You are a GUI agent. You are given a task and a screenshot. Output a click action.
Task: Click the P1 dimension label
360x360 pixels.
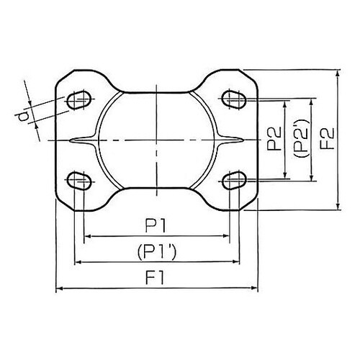[x=158, y=226]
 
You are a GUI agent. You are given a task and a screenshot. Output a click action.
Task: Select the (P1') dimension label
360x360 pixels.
[x=158, y=251]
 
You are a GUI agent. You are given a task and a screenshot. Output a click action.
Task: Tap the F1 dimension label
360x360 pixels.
[x=158, y=278]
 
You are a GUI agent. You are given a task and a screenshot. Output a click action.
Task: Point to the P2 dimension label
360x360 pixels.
[x=273, y=138]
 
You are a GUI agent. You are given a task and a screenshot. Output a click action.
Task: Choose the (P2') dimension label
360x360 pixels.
[x=300, y=138]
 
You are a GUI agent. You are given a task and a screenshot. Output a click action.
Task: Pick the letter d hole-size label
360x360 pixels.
[x=24, y=115]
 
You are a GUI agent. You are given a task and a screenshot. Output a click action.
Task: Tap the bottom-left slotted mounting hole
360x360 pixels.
[x=78, y=179]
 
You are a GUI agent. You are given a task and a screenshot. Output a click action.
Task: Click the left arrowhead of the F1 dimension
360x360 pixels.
[x=59, y=289]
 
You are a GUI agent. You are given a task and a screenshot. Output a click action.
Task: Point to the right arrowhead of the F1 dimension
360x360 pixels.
[x=255, y=289]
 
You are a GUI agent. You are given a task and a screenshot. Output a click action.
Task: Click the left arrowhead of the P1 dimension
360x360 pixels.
[x=87, y=236]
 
